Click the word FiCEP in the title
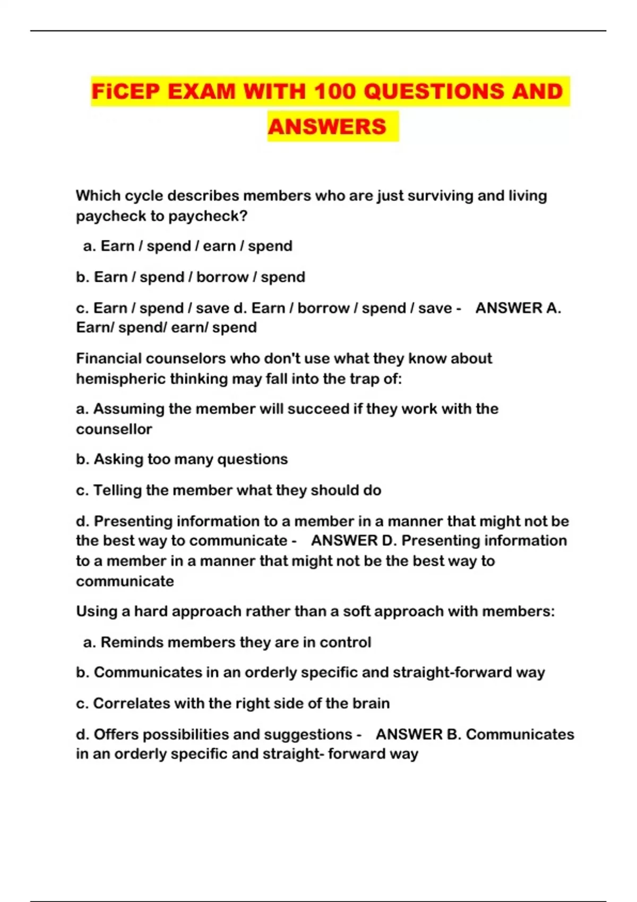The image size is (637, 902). pos(125,91)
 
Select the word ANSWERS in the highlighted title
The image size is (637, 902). pos(327,127)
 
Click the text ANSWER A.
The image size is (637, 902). pos(518,308)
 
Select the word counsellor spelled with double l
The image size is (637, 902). pos(114,429)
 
